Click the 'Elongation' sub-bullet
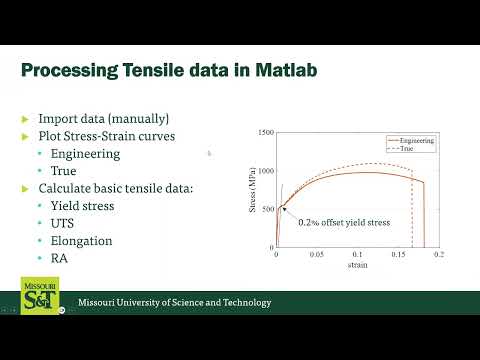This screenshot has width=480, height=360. click(81, 241)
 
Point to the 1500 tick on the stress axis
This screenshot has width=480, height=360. click(265, 133)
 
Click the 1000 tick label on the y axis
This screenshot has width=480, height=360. click(265, 171)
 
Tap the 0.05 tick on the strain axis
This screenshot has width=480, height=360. click(316, 255)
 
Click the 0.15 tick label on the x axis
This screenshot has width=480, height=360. click(397, 255)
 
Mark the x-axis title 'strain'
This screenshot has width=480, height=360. click(357, 265)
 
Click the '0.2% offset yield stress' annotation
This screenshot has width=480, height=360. click(343, 222)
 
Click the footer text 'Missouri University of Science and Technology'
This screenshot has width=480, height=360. click(175, 303)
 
